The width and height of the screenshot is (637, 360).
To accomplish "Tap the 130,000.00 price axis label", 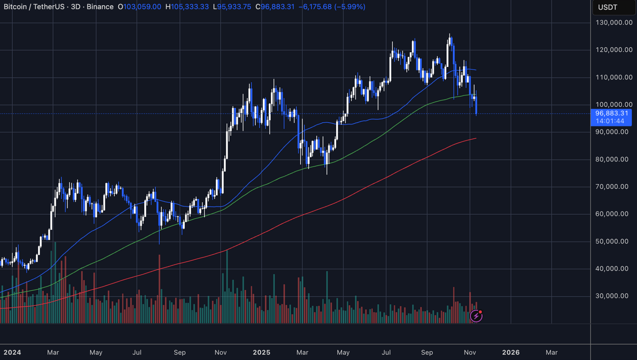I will tap(614, 22).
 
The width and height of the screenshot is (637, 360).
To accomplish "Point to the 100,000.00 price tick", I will tap(614, 104).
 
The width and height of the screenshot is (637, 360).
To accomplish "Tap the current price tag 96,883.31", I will tap(611, 114).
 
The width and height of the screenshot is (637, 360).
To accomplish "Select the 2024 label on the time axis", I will tap(12, 352).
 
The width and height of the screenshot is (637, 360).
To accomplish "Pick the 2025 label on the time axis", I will tap(262, 352).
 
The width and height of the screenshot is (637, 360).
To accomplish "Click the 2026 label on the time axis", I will tap(511, 352).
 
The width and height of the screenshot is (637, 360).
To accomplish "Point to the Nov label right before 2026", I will tap(470, 352).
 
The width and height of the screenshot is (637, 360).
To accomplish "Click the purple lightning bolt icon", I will tap(476, 316).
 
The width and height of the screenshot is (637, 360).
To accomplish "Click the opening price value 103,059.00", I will tap(142, 7).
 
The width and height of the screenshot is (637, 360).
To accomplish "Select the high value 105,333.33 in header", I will tap(190, 7).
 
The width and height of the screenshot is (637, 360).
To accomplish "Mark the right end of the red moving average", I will tap(476, 138).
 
